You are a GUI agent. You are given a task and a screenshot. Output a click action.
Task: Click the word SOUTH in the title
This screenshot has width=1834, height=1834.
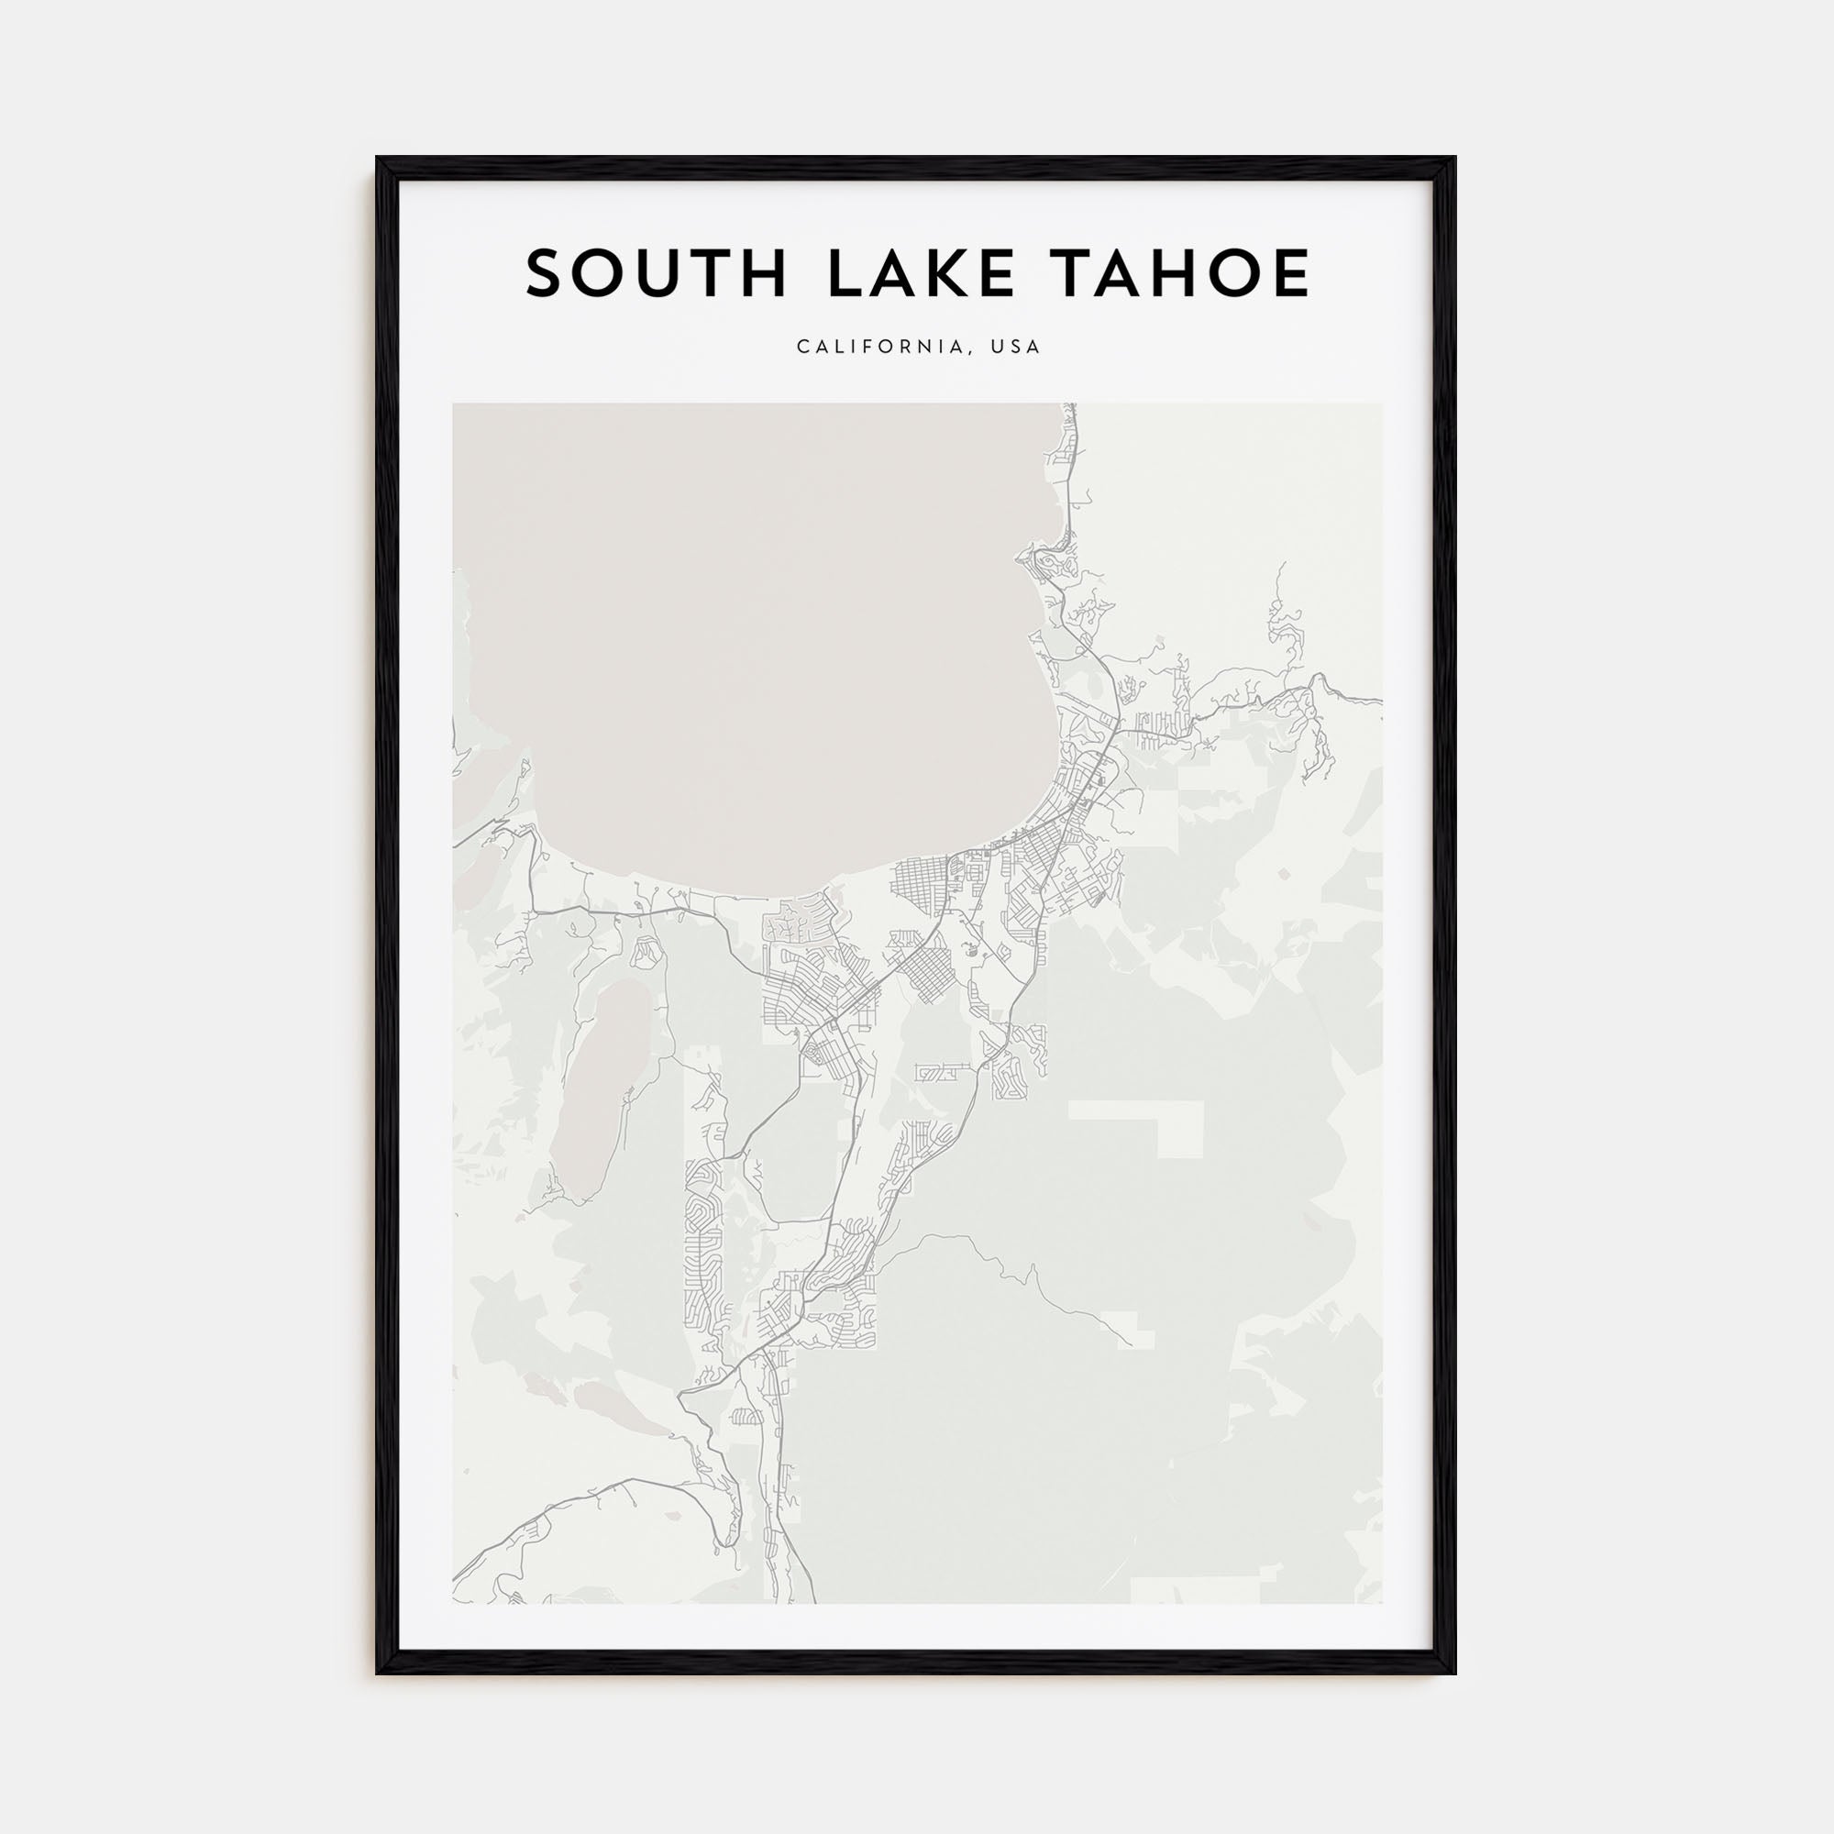[656, 273]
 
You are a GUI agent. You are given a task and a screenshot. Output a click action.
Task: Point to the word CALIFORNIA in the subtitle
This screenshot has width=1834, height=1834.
[880, 348]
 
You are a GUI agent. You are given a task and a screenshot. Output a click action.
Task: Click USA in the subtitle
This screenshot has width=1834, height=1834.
[1016, 348]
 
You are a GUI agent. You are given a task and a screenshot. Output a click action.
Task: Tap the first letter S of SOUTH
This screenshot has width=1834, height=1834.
[545, 273]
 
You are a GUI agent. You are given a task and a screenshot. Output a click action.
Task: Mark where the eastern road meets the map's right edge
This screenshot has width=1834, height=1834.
[1380, 702]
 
